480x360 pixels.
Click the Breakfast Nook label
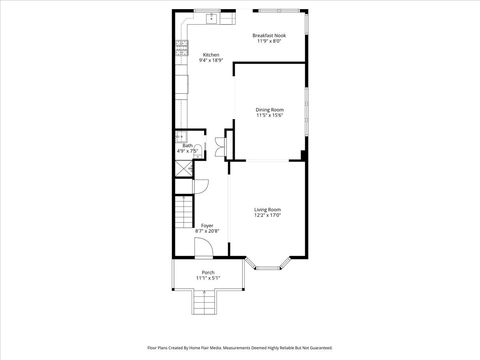point(269,35)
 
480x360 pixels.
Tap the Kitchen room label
point(211,54)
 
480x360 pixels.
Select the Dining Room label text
point(269,109)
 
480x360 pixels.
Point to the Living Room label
point(267,209)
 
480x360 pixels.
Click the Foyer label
point(207,226)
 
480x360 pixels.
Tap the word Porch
point(207,272)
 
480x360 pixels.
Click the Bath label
point(187,146)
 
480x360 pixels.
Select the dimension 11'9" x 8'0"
point(269,41)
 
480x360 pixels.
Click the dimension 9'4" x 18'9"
point(211,60)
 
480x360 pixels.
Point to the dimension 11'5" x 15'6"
point(269,115)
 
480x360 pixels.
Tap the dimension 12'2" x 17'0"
point(267,215)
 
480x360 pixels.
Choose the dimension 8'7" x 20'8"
point(207,232)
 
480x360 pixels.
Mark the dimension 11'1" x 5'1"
point(207,278)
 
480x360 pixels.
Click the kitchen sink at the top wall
point(212,18)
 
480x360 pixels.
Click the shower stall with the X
point(184,170)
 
